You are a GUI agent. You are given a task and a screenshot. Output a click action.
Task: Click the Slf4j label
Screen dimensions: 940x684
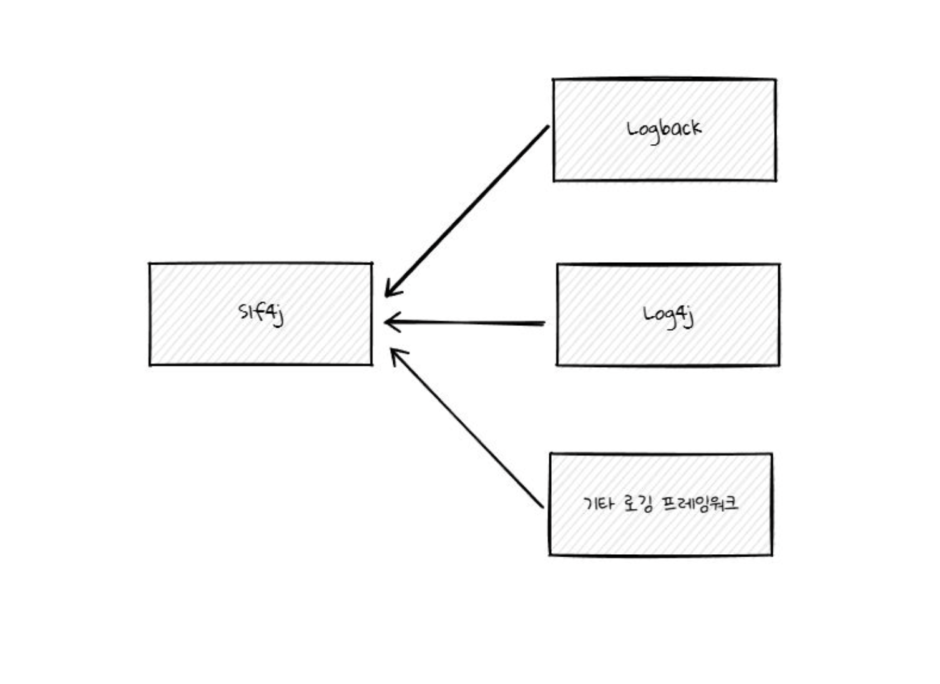point(261,312)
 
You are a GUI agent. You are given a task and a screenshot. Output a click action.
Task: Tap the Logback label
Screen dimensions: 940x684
point(664,129)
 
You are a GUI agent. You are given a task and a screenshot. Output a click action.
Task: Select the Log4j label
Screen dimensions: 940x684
point(668,315)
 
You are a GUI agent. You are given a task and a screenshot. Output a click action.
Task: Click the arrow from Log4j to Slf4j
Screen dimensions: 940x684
point(465,323)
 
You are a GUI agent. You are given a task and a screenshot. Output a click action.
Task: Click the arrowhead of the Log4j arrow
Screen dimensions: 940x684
point(388,323)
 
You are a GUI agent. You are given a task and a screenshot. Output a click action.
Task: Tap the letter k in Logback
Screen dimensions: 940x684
point(695,127)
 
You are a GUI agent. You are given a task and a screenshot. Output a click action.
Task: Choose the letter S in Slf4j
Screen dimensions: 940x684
point(243,311)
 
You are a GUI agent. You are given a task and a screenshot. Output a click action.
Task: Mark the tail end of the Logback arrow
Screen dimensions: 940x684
point(547,127)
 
